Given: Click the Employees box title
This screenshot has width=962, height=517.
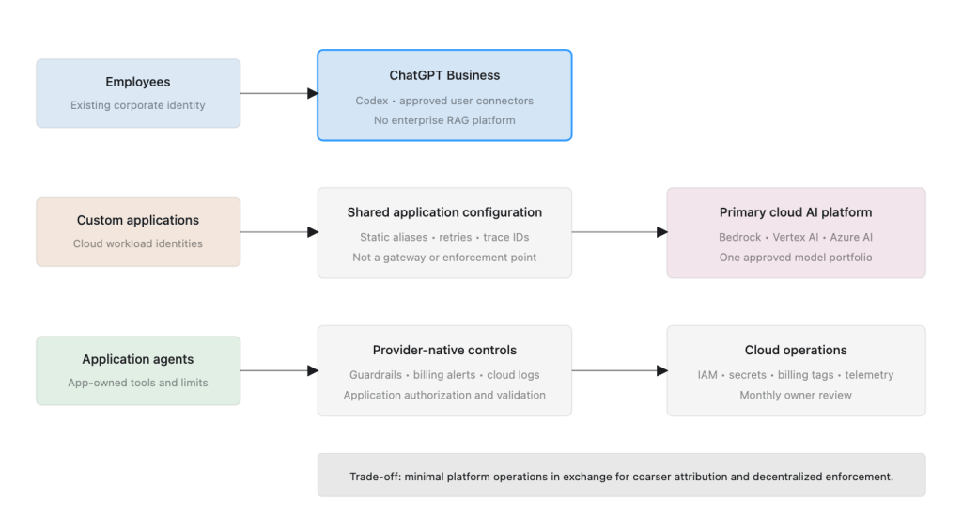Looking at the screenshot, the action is coord(138,82).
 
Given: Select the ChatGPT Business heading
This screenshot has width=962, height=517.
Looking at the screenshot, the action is coord(444,75).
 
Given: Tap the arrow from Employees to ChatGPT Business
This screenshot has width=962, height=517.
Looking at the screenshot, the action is coord(279,93).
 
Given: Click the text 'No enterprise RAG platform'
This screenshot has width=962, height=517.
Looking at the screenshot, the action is coord(444,120).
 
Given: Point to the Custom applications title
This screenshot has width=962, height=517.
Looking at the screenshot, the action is coord(138,220).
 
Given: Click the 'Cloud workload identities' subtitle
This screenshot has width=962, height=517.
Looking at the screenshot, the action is coord(138,243).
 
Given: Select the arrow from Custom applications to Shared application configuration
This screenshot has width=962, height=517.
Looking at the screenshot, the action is coord(279,232).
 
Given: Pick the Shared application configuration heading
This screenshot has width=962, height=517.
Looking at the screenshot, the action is coord(444,212).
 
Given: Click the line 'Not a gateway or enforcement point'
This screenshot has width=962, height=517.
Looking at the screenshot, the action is coord(444,258).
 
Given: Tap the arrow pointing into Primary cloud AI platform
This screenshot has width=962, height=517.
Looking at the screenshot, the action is coord(620,232).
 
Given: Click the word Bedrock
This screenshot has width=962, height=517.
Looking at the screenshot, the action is coord(740,237).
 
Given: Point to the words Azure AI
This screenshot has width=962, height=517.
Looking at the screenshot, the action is coord(851,237).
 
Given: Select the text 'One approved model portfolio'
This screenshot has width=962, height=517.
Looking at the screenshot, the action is coord(796,258).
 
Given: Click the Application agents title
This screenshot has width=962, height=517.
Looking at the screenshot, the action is coord(138,359).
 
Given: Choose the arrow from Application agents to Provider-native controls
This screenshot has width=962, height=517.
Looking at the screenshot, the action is coord(279,371).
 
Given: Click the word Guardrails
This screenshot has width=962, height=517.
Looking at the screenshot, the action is coord(376,374).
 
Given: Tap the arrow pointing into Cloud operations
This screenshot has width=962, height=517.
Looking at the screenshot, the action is coord(620,371).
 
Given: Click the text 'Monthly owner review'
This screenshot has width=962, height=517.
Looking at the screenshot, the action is coord(796,396).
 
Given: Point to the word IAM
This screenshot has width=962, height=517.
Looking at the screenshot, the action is coord(707,374).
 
